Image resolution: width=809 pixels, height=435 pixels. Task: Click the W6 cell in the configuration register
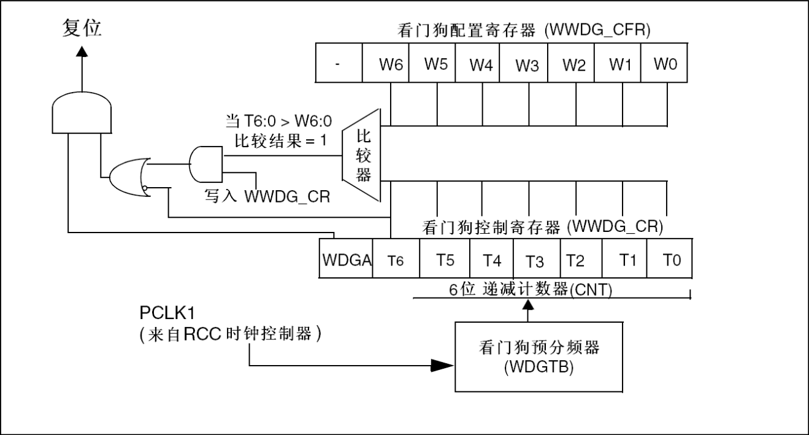click(x=385, y=64)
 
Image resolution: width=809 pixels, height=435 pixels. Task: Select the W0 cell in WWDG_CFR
click(x=665, y=64)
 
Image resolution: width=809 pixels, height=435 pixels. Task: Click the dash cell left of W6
click(x=339, y=64)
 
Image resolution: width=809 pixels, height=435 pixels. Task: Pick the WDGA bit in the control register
click(x=346, y=260)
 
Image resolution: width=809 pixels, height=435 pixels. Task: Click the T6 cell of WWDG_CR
click(x=397, y=260)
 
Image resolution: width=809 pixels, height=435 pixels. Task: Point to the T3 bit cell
click(x=535, y=260)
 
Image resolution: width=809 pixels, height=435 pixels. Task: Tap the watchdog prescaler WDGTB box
click(x=538, y=356)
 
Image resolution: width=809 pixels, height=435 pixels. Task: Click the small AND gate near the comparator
click(x=206, y=165)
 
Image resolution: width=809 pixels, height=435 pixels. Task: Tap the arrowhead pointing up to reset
click(x=82, y=54)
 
